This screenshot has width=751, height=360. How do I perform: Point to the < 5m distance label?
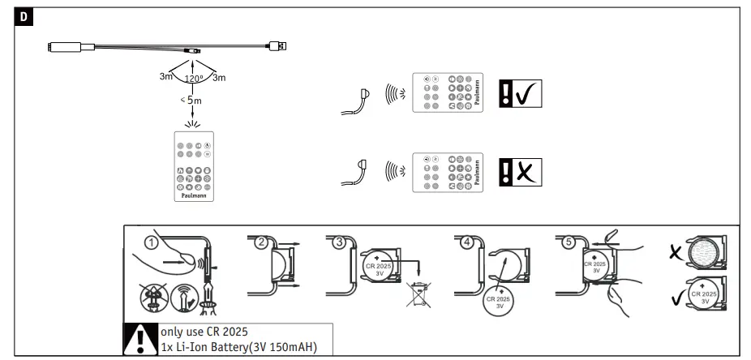tap(191, 101)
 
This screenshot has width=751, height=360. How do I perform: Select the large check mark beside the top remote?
tap(528, 95)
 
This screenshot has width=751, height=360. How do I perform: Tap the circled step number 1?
tap(149, 241)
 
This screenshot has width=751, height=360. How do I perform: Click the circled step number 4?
tap(466, 241)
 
